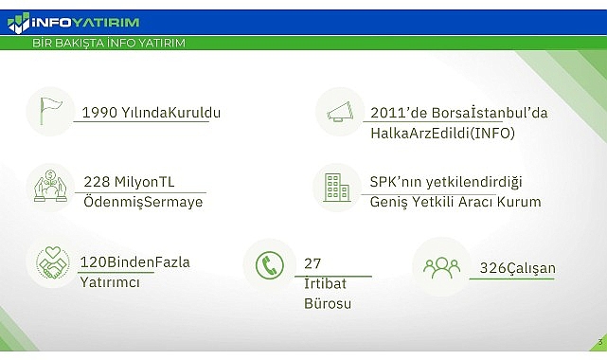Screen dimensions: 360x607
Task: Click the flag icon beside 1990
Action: pos(48,110)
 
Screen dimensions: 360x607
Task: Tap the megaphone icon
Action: pos(338,112)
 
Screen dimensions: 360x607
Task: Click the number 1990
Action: pos(98,113)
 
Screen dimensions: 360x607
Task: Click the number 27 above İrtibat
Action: pos(313,263)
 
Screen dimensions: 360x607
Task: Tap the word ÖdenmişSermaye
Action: pos(142,202)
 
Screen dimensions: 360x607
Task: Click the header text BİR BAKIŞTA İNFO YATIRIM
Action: pos(108,44)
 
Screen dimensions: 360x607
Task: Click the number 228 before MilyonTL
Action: pos(96,182)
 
